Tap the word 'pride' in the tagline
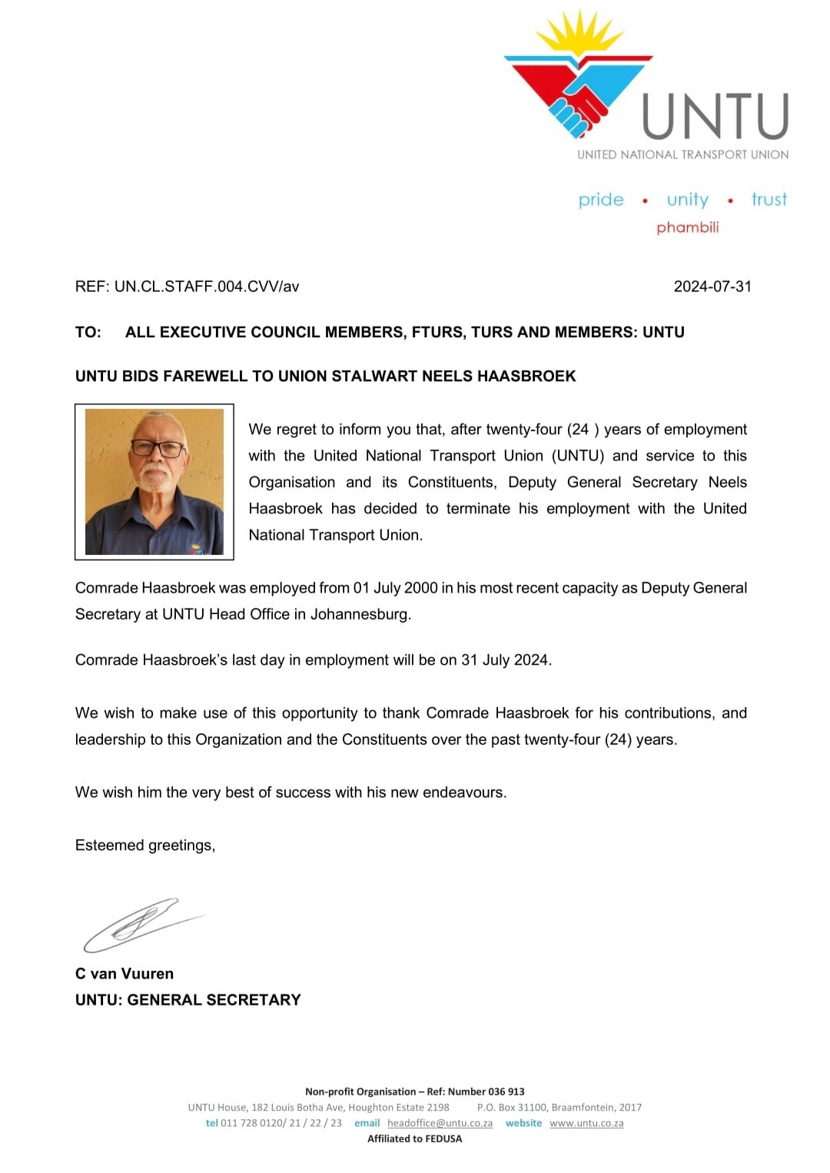tap(601, 200)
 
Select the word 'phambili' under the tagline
tap(687, 228)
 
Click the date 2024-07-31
tap(712, 287)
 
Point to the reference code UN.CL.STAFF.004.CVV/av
tap(207, 287)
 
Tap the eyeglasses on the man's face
tap(158, 448)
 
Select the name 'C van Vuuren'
tap(124, 974)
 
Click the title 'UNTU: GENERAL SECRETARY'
tap(188, 1000)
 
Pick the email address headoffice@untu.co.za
tap(440, 1123)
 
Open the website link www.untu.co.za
tap(586, 1123)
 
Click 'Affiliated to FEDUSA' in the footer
tap(415, 1139)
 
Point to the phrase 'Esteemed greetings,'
tap(145, 846)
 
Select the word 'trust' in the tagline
tap(769, 200)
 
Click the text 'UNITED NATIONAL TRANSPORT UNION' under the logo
tap(682, 155)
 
